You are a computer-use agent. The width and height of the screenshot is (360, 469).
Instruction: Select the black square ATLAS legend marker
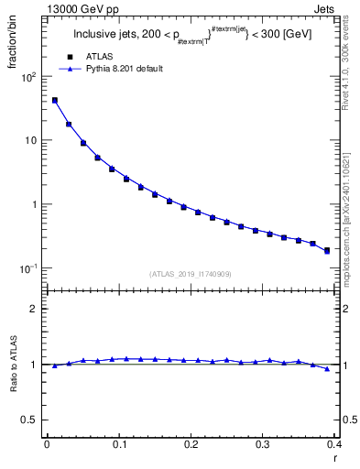pos(66,56)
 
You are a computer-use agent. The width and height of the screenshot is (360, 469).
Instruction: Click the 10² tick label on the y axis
pos(28,77)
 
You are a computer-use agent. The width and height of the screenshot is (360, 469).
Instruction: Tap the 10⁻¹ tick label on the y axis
pos(28,268)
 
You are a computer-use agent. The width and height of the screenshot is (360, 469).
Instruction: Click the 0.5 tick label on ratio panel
pos(32,420)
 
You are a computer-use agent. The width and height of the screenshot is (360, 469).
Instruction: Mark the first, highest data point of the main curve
pos(54,100)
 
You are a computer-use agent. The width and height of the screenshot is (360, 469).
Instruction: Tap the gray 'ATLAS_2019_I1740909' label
pos(191,274)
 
